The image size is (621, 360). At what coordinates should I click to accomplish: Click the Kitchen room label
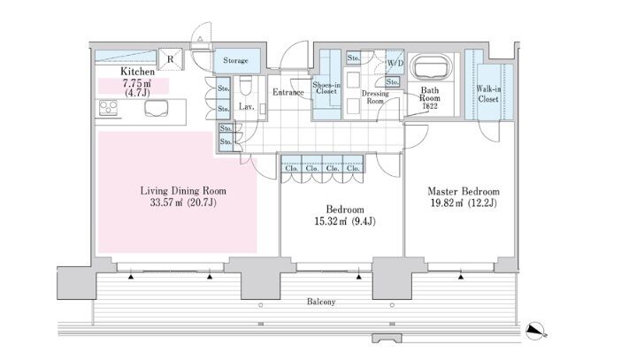click(138, 71)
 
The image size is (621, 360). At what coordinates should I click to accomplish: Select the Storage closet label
click(236, 61)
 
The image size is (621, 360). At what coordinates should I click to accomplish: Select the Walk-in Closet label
click(488, 95)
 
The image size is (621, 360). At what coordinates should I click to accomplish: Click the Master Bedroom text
click(464, 191)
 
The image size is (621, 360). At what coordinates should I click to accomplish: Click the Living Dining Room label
click(183, 190)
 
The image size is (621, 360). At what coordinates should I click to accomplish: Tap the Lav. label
click(247, 107)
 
